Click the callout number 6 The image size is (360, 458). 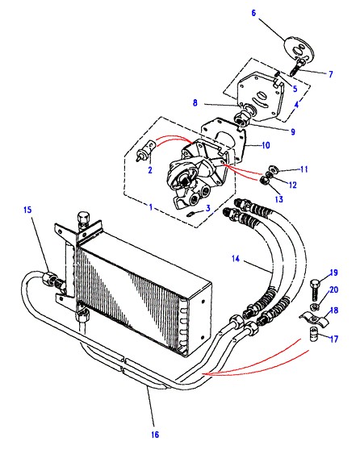coord(253,13)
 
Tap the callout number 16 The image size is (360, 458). coord(155,435)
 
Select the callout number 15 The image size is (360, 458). coord(27,210)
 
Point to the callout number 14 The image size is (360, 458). coord(236,259)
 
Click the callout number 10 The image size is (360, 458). coord(266,145)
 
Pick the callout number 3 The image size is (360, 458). coord(208,208)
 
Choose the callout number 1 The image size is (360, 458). coord(151,207)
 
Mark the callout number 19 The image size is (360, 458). coord(333,273)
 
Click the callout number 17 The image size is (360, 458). coord(333,339)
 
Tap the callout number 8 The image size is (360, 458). coord(195,103)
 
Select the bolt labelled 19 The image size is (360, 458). coord(316,290)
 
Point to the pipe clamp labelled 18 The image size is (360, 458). coord(313,319)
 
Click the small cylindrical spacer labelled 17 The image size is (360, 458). coord(314,334)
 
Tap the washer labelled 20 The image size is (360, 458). coord(314,306)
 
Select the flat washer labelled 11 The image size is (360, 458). coord(272,169)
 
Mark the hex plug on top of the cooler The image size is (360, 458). coord(83,219)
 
